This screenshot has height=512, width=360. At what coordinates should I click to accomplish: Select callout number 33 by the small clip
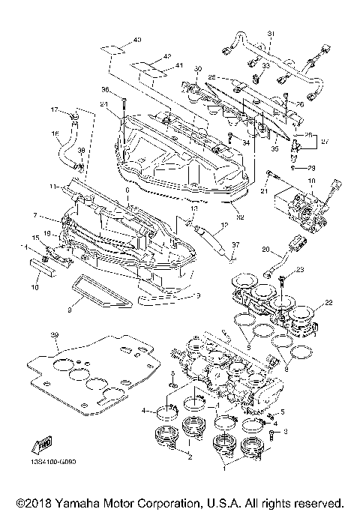(x=265, y=66)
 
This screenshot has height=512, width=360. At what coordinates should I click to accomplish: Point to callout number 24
(x=104, y=103)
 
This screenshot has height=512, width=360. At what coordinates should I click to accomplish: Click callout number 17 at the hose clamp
(x=54, y=109)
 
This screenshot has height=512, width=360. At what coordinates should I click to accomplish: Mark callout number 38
(x=82, y=151)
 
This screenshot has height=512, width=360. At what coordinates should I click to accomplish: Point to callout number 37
(x=235, y=244)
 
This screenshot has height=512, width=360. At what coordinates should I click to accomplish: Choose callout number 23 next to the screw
(x=300, y=269)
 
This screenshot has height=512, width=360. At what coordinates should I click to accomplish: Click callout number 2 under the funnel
(x=190, y=457)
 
